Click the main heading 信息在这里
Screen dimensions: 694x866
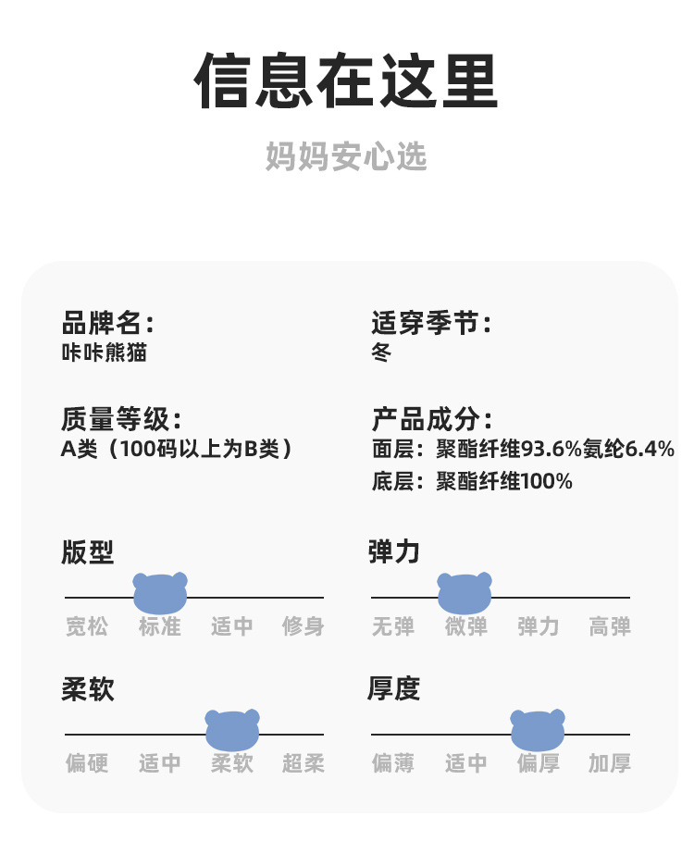[x=346, y=81]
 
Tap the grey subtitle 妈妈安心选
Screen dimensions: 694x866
[x=346, y=156]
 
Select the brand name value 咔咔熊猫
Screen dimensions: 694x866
[x=104, y=353]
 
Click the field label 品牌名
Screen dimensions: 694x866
[x=106, y=323]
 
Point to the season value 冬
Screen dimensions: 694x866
[x=381, y=353]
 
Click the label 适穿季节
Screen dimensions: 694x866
[x=430, y=323]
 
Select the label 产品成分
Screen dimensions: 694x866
[x=430, y=419]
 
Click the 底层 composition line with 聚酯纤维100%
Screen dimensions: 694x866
[x=472, y=481]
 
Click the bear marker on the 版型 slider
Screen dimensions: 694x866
[x=160, y=592]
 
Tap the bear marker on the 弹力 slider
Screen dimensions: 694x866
[x=465, y=592]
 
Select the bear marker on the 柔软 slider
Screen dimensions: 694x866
[x=232, y=730]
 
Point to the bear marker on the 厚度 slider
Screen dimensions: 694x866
[x=538, y=730]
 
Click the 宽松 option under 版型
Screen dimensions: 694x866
[x=87, y=626]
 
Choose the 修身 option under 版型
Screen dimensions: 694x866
[x=304, y=626]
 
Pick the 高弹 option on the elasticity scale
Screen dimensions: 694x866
[x=610, y=626]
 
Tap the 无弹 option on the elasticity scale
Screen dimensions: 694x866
[x=393, y=626]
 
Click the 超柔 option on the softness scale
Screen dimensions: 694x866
[x=304, y=763]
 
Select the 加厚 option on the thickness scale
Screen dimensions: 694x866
[x=610, y=763]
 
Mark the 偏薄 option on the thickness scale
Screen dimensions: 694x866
[x=393, y=763]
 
